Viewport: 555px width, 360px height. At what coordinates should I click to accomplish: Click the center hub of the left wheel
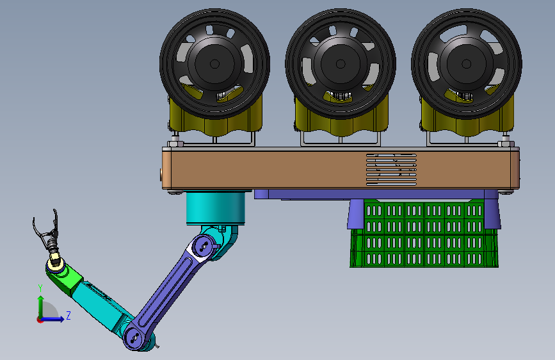[214, 64]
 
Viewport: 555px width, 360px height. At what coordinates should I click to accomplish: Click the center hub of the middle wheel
[341, 64]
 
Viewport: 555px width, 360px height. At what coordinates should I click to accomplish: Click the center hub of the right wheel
[467, 64]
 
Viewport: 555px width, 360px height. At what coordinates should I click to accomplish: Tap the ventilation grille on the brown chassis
[391, 169]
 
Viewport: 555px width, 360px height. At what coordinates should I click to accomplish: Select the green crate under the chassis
[424, 233]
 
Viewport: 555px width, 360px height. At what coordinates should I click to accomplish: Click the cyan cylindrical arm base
[216, 208]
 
